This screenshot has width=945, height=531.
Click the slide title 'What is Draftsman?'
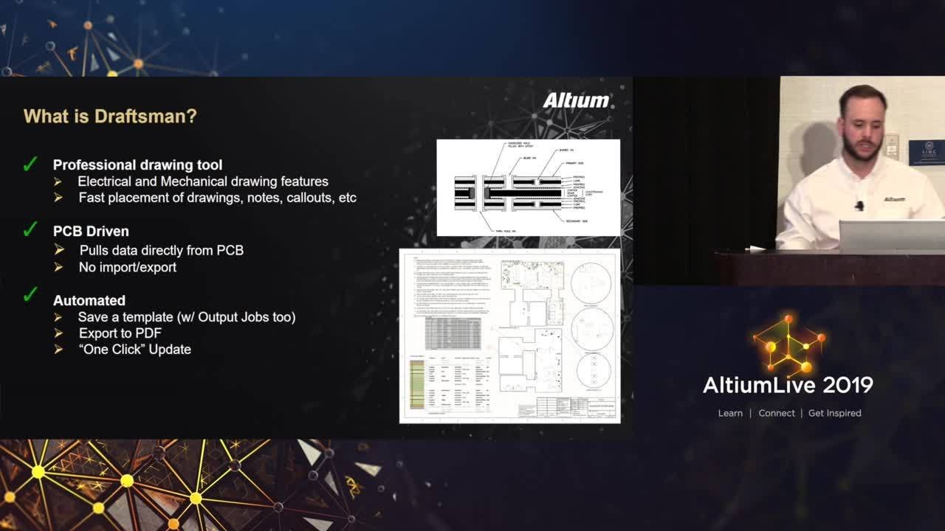click(x=110, y=117)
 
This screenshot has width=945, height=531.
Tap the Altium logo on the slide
click(x=577, y=100)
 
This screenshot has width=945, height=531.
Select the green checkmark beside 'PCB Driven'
click(x=30, y=230)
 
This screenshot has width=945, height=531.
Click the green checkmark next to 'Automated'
click(x=30, y=295)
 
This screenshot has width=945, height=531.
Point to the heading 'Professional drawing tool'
click(x=137, y=165)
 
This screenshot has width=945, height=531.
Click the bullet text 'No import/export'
click(x=127, y=267)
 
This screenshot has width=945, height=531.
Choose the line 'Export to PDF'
click(x=120, y=333)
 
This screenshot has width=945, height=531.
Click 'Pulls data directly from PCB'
click(x=161, y=251)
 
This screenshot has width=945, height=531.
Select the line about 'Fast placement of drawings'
click(x=217, y=198)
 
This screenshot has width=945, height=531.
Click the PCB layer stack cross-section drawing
click(x=528, y=187)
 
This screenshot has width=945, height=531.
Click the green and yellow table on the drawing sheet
click(x=417, y=383)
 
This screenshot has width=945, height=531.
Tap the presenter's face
click(x=862, y=125)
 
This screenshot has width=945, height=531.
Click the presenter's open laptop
click(x=891, y=236)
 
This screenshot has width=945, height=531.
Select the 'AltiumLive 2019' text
click(x=788, y=385)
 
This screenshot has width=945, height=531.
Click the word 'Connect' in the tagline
click(x=777, y=413)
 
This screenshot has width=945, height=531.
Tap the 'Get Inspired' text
click(x=834, y=413)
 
